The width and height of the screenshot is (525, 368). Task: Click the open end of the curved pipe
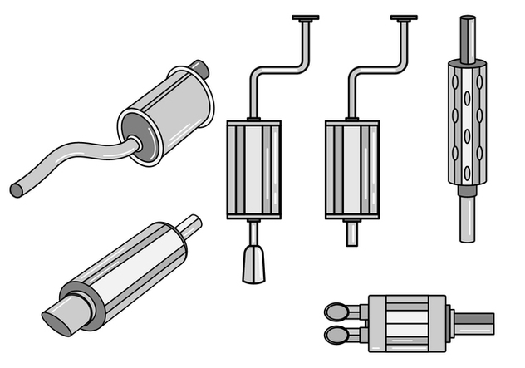pos(16,190)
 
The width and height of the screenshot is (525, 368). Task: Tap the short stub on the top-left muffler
pos(198,67)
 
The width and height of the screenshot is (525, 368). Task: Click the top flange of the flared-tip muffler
pos(305,17)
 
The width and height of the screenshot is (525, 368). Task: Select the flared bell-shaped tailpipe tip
pos(253,263)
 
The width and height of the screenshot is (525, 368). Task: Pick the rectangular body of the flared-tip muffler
pos(253,169)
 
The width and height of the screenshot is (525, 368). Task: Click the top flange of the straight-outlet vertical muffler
pos(404,17)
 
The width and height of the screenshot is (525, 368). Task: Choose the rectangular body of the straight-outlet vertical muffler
pos(352,169)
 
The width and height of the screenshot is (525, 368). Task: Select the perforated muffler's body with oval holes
pos(467,125)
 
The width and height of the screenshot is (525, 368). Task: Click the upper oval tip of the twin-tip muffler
pos(337,312)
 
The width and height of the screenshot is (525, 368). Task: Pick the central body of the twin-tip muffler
pos(407,323)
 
